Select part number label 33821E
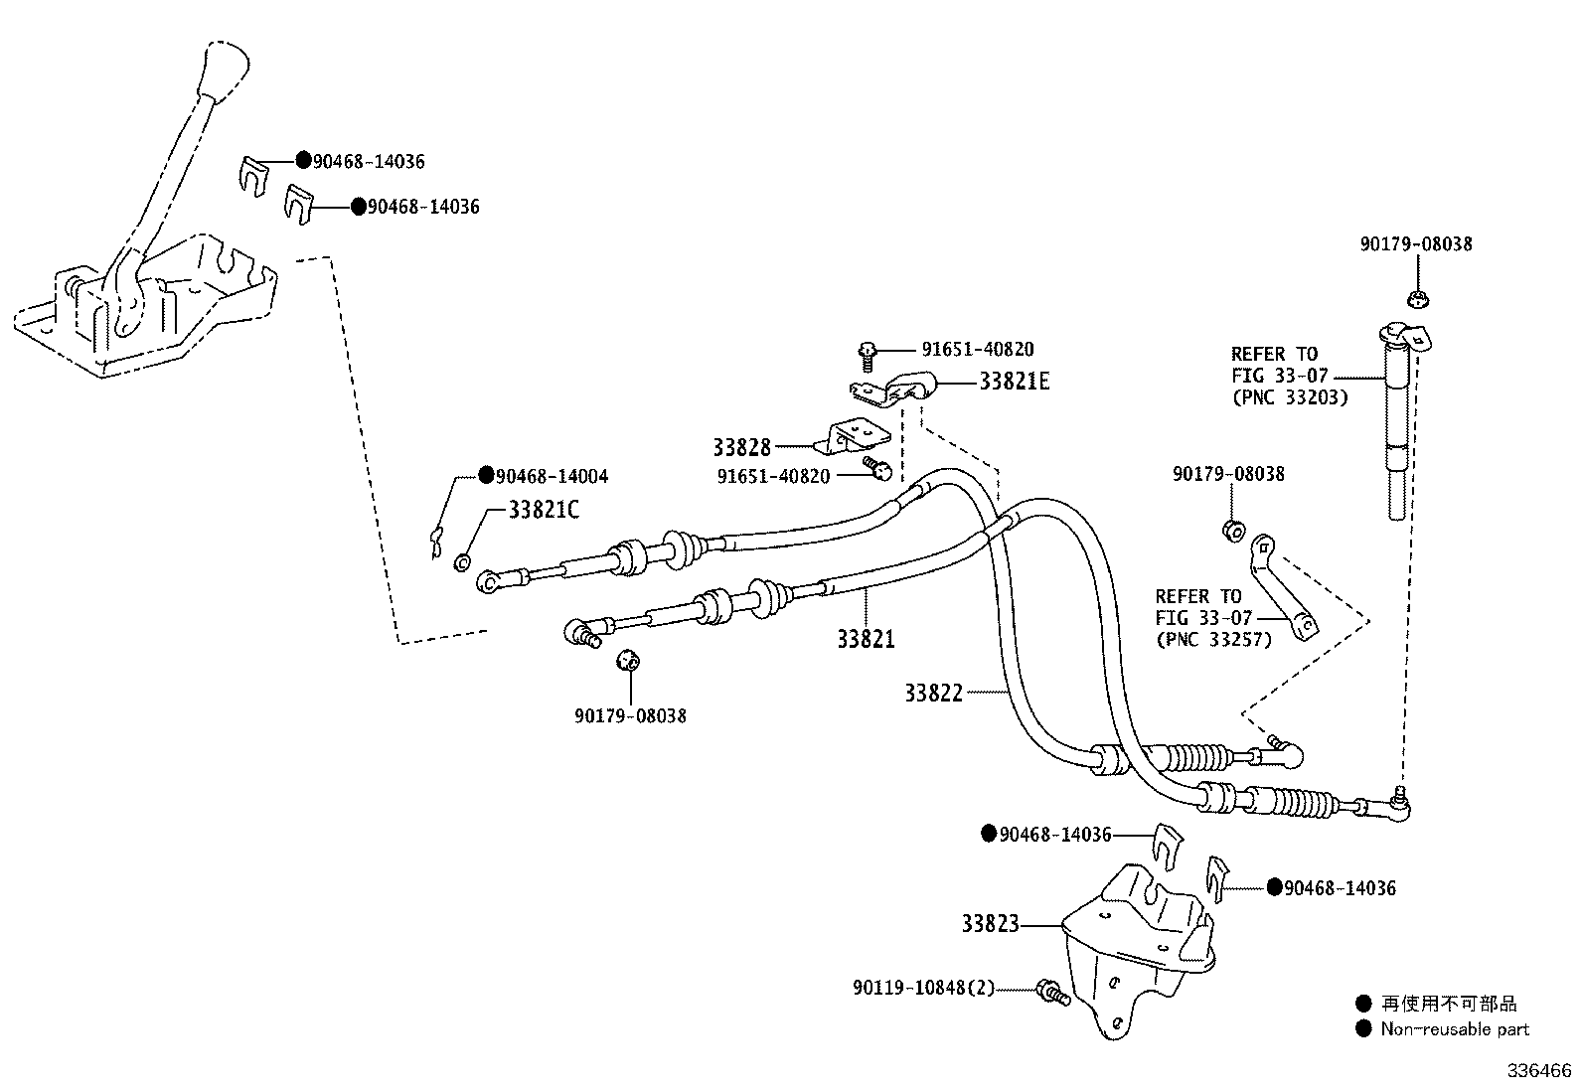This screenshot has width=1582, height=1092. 1014,382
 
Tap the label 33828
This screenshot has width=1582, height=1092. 741,447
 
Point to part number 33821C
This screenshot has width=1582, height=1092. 543,510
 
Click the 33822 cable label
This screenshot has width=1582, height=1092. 933,693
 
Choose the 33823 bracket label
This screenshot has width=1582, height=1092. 990,924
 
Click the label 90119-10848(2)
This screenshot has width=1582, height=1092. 923,989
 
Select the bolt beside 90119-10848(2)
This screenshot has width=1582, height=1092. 1050,991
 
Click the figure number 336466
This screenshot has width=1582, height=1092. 1539,1071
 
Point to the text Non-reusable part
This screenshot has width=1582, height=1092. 1455,1029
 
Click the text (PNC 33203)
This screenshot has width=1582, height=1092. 1289,396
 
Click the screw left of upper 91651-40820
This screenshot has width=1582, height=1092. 867,350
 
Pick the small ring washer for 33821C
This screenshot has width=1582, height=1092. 461,563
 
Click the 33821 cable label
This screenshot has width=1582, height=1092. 865,639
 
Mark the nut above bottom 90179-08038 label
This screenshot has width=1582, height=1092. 627,660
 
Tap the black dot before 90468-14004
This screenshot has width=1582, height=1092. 486,475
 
